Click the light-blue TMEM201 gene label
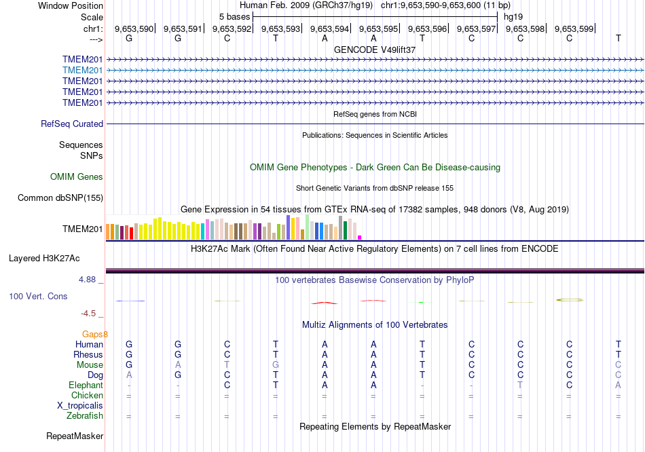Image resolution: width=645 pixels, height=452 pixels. pos(82,70)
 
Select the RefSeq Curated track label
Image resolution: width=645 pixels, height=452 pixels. pos(72,124)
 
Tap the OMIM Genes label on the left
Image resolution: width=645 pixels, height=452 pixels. pos(77,177)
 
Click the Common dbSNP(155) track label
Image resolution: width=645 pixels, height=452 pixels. pos(60,198)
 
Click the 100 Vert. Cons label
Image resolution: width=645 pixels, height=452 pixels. pos(38,297)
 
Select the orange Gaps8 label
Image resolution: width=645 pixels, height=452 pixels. pos(95,334)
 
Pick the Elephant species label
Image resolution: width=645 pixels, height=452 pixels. pos(85,385)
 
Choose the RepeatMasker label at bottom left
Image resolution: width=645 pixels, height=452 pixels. pos(75,436)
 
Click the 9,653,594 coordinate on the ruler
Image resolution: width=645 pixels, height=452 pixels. pos(329,29)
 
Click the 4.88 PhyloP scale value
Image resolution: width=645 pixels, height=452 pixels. pos(88,279)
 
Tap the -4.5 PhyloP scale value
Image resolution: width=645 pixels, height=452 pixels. pos(88,314)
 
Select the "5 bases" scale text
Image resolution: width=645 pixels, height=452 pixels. pos(234,16)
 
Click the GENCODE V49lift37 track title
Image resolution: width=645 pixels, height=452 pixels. pos(375,50)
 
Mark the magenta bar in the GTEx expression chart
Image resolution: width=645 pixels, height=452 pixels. pos(359,237)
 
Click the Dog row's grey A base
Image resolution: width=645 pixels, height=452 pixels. pos(129,375)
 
